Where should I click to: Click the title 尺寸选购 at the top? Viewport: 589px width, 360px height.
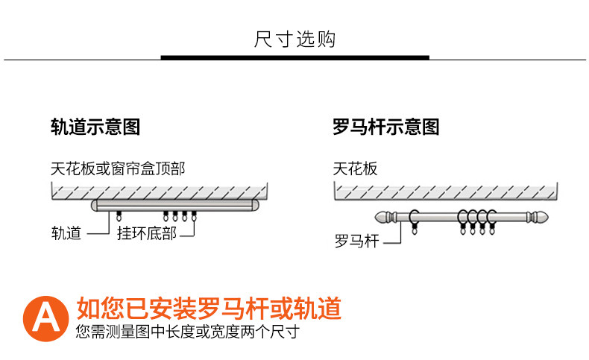[295, 39]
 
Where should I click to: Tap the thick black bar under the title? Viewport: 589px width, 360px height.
[295, 57]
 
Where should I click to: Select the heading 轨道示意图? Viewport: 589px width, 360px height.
[95, 127]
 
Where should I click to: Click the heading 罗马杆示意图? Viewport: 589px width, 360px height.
[385, 127]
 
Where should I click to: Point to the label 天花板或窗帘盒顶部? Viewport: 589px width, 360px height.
[118, 168]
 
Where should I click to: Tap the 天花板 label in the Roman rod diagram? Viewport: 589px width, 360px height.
[355, 168]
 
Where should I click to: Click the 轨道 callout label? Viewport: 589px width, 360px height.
[66, 233]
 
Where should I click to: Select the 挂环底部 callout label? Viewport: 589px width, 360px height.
[147, 233]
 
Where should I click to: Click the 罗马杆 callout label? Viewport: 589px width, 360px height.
[356, 241]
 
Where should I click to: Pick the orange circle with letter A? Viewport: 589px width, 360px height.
[46, 318]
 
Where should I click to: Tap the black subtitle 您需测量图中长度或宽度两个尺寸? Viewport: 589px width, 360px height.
[187, 331]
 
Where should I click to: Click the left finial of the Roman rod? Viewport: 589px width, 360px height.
[385, 218]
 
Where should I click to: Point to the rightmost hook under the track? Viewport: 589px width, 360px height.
[194, 217]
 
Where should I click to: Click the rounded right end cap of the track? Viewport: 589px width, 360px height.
[253, 205]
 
